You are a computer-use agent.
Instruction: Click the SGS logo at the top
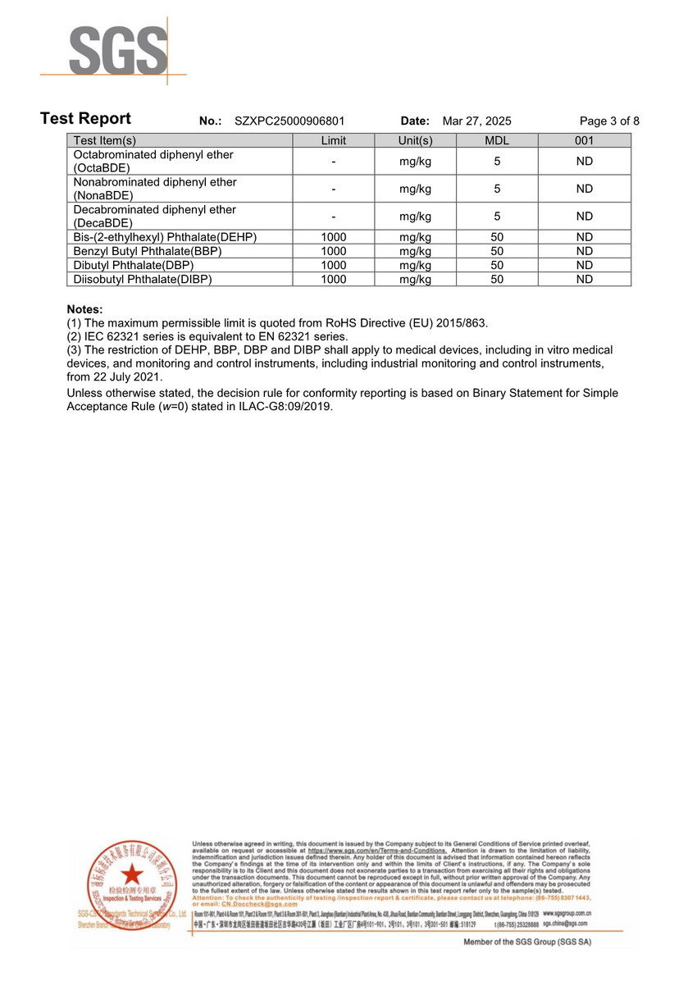[x=118, y=51]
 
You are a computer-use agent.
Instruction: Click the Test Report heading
[x=85, y=118]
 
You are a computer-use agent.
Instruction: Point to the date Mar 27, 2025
[x=476, y=121]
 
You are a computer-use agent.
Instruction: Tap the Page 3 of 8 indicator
[x=609, y=121]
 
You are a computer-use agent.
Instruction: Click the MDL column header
[x=497, y=140]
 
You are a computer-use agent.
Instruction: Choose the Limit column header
[x=334, y=140]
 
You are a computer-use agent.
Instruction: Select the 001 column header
[x=584, y=140]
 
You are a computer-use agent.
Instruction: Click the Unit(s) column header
[x=415, y=140]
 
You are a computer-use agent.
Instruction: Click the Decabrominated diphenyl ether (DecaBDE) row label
[x=155, y=216]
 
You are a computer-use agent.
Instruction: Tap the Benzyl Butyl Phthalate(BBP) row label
[x=148, y=251]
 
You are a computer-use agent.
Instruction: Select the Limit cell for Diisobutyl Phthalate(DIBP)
[x=334, y=279]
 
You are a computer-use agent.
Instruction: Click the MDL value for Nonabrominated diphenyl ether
[x=497, y=189]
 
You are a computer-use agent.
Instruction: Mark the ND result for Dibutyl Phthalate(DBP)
[x=584, y=265]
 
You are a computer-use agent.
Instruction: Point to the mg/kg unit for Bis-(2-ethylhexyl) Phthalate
[x=415, y=237]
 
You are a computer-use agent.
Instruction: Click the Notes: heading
[x=84, y=309]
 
